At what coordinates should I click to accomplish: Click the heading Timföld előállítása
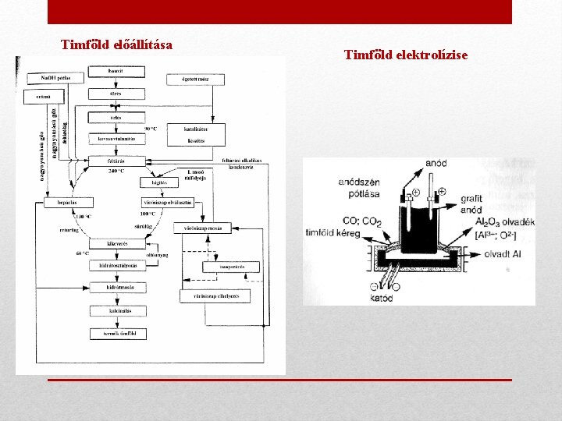pyautogui.click(x=117, y=44)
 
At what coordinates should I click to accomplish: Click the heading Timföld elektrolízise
pyautogui.click(x=406, y=55)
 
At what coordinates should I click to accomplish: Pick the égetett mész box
pyautogui.click(x=194, y=79)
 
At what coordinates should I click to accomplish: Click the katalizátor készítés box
pyautogui.click(x=194, y=133)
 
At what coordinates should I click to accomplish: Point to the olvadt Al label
pyautogui.click(x=503, y=254)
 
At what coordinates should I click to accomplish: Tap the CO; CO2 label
pyautogui.click(x=361, y=221)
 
